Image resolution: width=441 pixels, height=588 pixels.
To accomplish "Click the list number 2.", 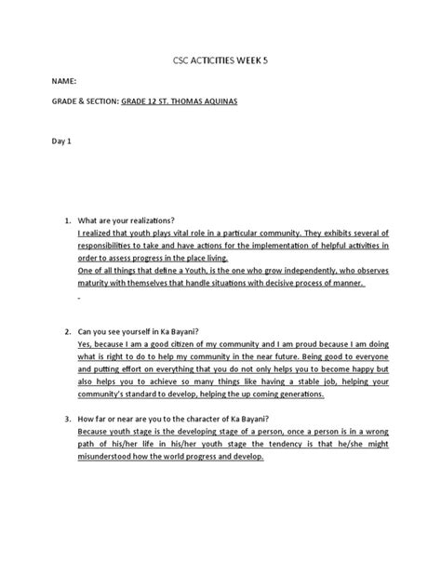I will pos(65,331).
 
